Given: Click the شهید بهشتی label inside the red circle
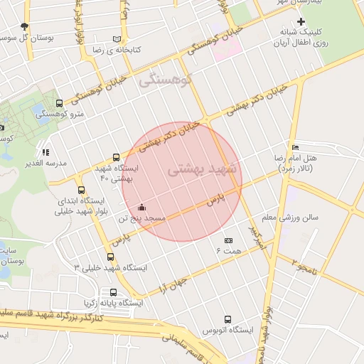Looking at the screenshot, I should pyautogui.click(x=205, y=171).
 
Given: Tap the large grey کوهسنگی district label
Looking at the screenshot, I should pyautogui.click(x=166, y=80).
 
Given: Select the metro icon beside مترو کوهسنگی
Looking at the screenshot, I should pyautogui.click(x=58, y=103).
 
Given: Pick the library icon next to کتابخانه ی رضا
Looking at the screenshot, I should pyautogui.click(x=117, y=39).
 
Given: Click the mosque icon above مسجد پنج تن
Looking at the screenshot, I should pyautogui.click(x=141, y=207).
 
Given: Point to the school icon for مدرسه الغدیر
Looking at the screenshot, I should pyautogui.click(x=45, y=152).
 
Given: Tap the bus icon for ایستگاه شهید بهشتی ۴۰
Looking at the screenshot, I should pyautogui.click(x=116, y=158).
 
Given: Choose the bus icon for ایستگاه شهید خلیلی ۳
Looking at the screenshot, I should pyautogui.click(x=109, y=257).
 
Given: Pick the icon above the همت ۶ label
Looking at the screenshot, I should pyautogui.click(x=228, y=240).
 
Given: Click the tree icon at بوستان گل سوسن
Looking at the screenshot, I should pyautogui.click(x=24, y=26).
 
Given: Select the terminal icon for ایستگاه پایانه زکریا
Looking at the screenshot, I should pyautogui.click(x=113, y=292).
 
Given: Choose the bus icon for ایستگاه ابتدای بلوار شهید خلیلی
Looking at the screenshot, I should pyautogui.click(x=82, y=190).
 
